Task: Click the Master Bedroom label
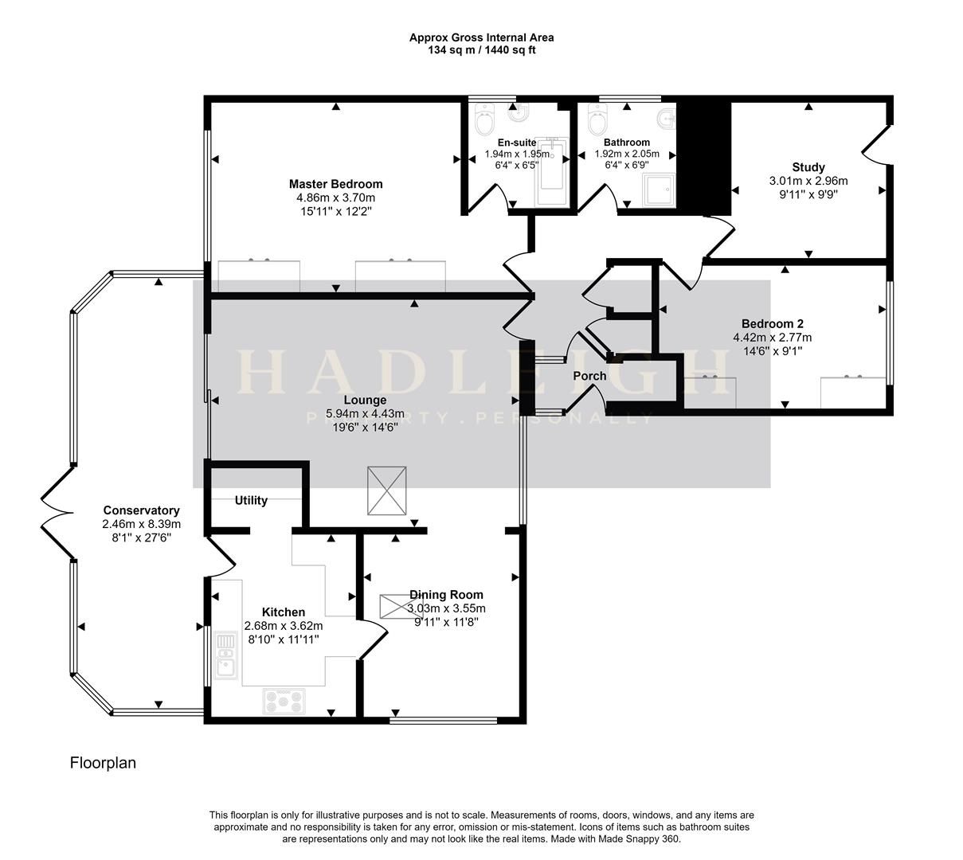tap(335, 184)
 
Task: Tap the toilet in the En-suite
tap(483, 123)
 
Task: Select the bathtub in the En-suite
tap(550, 173)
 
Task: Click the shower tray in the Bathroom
tap(659, 189)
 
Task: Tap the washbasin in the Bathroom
tap(665, 119)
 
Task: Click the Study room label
tap(808, 167)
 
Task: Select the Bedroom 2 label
tap(772, 323)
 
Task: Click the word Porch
tap(589, 376)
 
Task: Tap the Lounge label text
tap(365, 400)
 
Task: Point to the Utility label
tap(251, 501)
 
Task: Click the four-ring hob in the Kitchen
tap(284, 701)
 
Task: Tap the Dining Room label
tap(446, 594)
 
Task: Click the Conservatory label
tap(141, 510)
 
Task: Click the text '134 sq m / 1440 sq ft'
tap(481, 50)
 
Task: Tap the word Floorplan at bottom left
tap(103, 763)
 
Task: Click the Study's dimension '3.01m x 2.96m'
tap(808, 180)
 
